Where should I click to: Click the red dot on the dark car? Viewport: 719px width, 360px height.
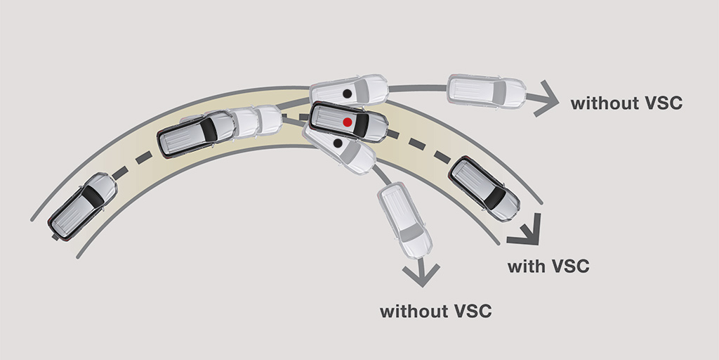click(x=347, y=122)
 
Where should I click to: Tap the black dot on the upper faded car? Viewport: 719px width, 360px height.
click(x=347, y=94)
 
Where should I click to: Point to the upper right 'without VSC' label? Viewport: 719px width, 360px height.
click(x=626, y=104)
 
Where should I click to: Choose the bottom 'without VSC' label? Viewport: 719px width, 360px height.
click(x=435, y=311)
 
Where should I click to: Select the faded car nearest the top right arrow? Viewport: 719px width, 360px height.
click(x=486, y=91)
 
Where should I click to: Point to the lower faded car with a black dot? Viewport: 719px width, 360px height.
click(x=339, y=147)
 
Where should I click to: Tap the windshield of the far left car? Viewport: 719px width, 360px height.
click(x=93, y=196)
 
